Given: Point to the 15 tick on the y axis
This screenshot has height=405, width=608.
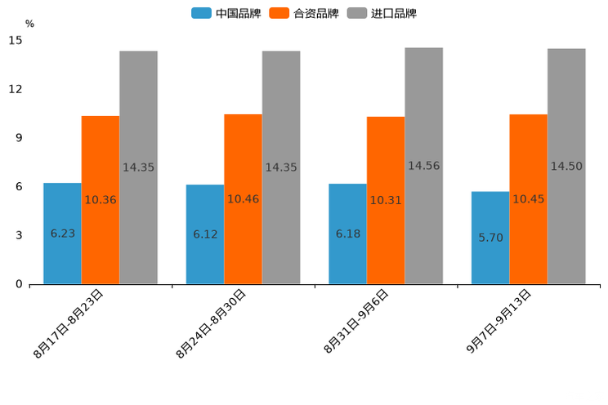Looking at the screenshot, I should pos(16,40).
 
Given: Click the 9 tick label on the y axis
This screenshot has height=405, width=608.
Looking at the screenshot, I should pos(19,138).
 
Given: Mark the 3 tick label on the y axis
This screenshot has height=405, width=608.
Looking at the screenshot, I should pos(19,235).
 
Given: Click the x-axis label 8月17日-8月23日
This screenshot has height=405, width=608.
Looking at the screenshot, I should pos(69,323).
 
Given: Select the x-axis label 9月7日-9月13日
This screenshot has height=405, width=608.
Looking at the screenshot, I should pos(498,320).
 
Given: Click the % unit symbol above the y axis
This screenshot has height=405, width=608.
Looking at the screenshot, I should pos(29,24).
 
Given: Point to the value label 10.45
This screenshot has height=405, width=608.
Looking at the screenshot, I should pos(528,199).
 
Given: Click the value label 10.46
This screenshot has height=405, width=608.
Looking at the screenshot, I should pos(243,199).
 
